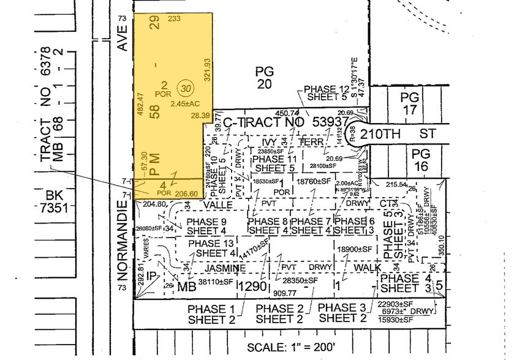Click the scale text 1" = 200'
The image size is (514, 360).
pyautogui.click(x=287, y=347)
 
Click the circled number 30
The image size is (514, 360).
pyautogui.click(x=183, y=88)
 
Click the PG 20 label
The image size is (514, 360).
pyautogui.click(x=264, y=78)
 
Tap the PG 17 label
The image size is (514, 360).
pyautogui.click(x=408, y=103)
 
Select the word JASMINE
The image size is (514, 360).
pyautogui.click(x=225, y=268)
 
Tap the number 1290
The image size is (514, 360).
pyautogui.click(x=254, y=286)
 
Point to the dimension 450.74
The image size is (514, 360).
pyautogui.click(x=287, y=113)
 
